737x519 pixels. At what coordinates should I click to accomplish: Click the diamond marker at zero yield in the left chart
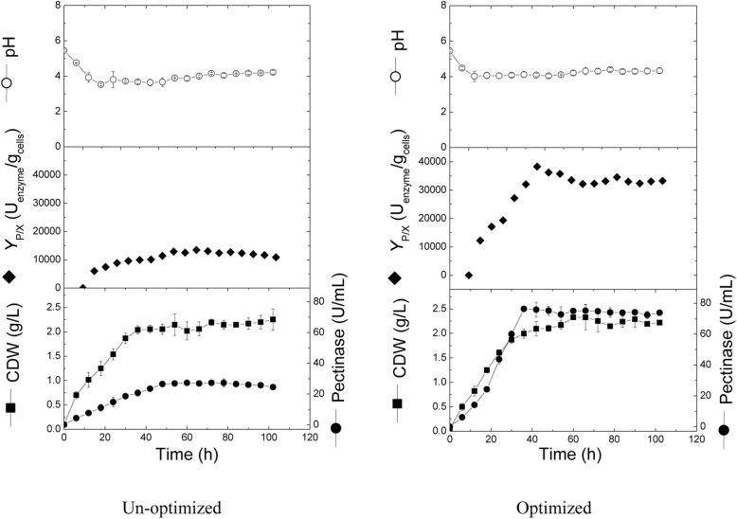[82, 287]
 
